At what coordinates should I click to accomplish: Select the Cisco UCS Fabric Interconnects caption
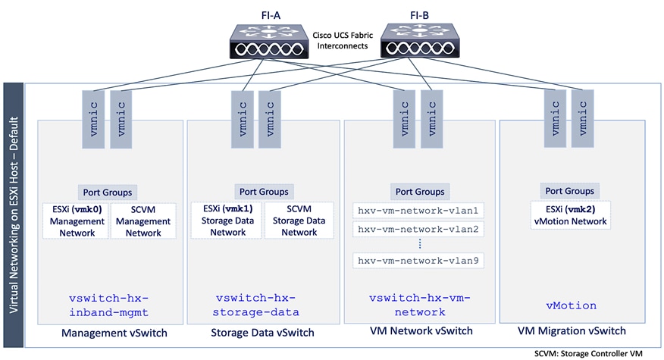tap(342, 40)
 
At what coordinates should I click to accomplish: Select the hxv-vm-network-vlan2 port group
tap(419, 228)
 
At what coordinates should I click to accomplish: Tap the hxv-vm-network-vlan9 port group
tap(419, 261)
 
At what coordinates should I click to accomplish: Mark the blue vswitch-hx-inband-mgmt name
tap(107, 305)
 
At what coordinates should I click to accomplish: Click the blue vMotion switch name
tap(572, 305)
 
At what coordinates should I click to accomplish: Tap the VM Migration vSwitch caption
tap(572, 331)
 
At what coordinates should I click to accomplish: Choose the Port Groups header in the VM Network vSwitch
tap(419, 192)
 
